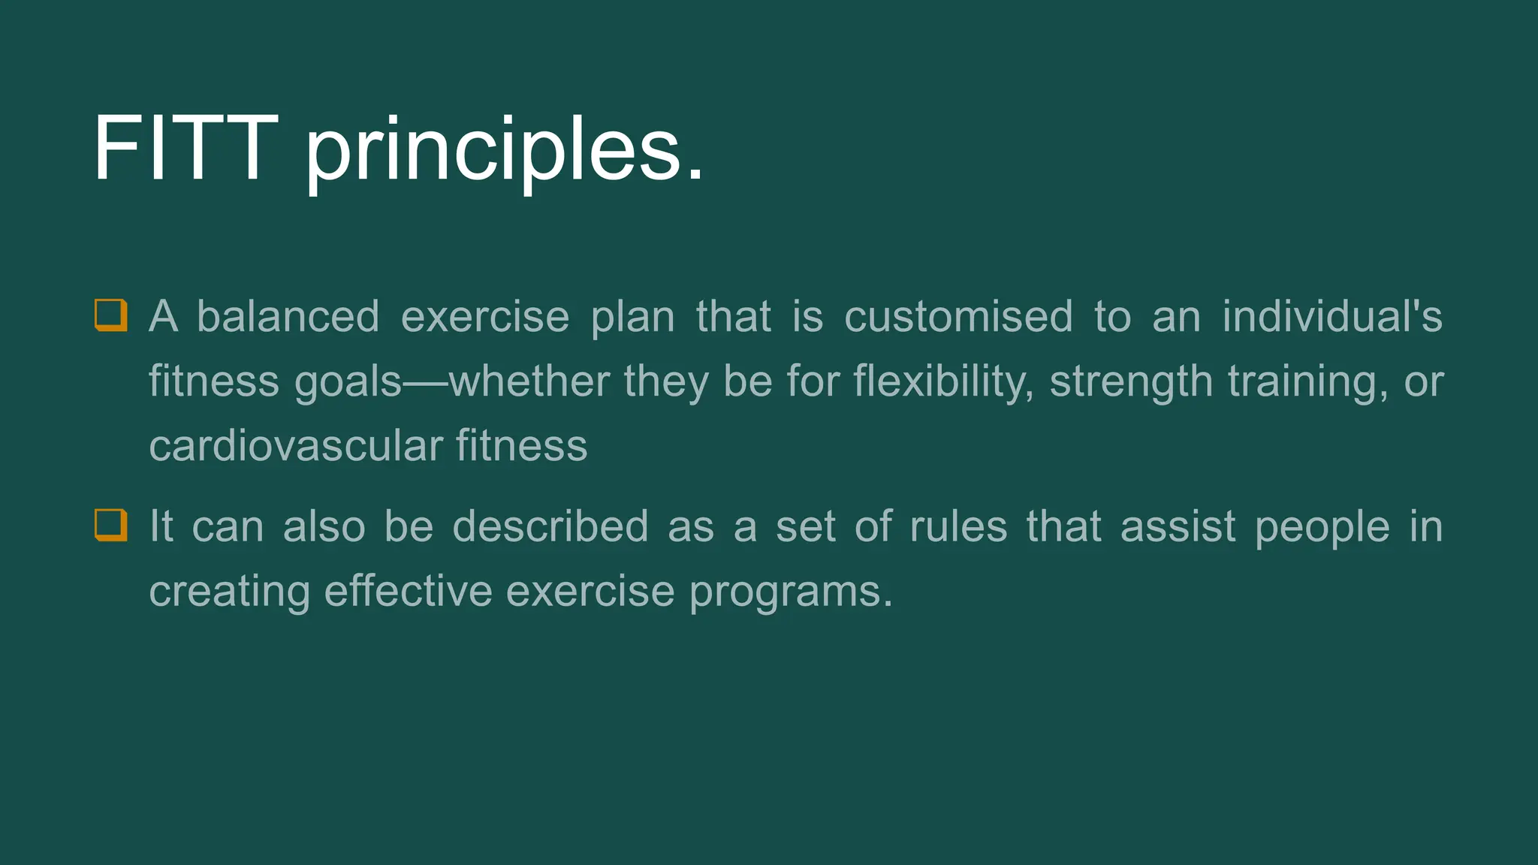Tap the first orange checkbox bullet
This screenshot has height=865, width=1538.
tap(110, 315)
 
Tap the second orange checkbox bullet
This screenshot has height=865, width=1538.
tap(110, 525)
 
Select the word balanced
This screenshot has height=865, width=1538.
tap(288, 316)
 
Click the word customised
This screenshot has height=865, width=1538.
tap(958, 316)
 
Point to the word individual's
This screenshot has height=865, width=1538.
tap(1331, 316)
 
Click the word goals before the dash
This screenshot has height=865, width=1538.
tap(348, 381)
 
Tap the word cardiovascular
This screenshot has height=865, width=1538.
tap(296, 445)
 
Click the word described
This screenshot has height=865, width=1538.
tap(550, 526)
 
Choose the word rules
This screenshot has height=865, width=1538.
tap(958, 526)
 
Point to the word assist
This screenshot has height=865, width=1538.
tap(1178, 526)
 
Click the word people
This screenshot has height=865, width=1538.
tap(1322, 527)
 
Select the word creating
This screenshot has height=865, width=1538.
tap(229, 592)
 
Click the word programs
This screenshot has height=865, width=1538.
tap(790, 592)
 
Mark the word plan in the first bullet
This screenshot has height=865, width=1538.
tap(632, 317)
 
